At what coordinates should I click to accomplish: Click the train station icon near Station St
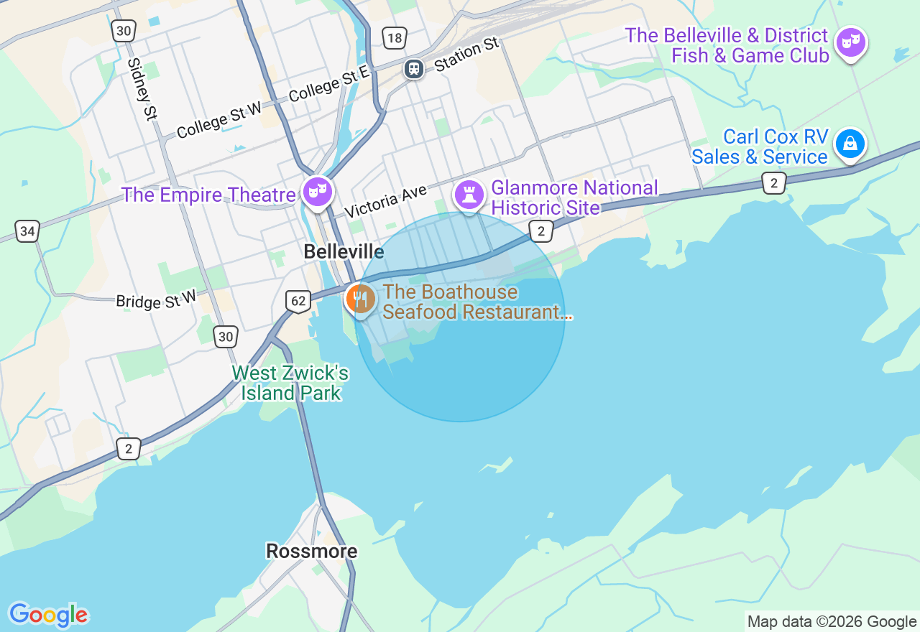(413, 68)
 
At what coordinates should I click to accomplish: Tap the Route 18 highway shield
(395, 38)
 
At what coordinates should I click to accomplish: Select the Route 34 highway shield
(27, 231)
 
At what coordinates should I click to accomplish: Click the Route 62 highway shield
(298, 301)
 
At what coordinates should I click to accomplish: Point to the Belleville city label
(344, 251)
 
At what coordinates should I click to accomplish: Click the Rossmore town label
(311, 551)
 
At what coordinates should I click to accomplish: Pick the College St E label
(328, 84)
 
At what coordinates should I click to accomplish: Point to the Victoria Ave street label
(385, 201)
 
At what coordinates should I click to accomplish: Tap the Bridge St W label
(156, 299)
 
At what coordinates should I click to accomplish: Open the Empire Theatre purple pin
(317, 192)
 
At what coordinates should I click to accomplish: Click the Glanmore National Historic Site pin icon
(469, 194)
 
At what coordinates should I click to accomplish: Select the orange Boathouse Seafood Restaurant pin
(359, 299)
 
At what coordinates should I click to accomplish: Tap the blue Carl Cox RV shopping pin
(850, 144)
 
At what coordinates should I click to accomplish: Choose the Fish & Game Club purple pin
(850, 42)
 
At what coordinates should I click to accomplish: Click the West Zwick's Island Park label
(290, 383)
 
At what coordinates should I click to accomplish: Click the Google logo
(48, 615)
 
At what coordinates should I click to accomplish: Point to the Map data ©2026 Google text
(832, 622)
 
